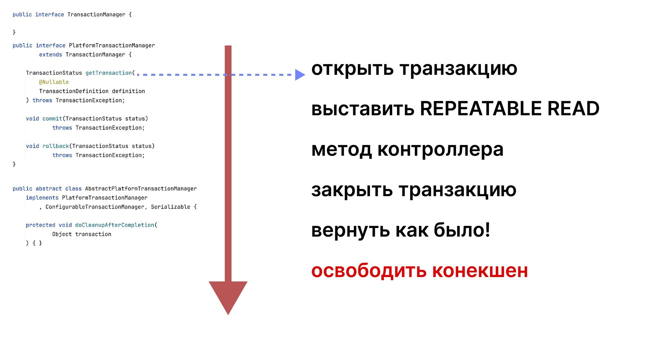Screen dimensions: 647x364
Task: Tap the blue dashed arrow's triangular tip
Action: [299, 75]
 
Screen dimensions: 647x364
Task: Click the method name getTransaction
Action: [109, 73]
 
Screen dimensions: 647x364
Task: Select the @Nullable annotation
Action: [54, 82]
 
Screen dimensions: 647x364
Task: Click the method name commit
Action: [52, 119]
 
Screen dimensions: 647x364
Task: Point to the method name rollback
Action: [56, 146]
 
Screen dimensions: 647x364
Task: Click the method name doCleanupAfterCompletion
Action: [115, 225]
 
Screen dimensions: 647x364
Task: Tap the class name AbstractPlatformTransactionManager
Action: [141, 188]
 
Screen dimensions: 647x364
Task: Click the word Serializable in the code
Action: [171, 207]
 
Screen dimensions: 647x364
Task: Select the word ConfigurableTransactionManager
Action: [95, 207]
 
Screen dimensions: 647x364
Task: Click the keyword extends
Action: [51, 55]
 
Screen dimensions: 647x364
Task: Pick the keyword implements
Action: [42, 198]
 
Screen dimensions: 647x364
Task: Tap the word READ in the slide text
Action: [573, 109]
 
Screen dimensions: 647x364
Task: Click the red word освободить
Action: [369, 270]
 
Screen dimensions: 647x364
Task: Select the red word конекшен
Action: [480, 270]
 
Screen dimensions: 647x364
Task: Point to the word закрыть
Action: [352, 189]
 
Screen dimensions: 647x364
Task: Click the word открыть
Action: [352, 69]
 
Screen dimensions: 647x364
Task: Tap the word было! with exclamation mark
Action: [462, 230]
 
